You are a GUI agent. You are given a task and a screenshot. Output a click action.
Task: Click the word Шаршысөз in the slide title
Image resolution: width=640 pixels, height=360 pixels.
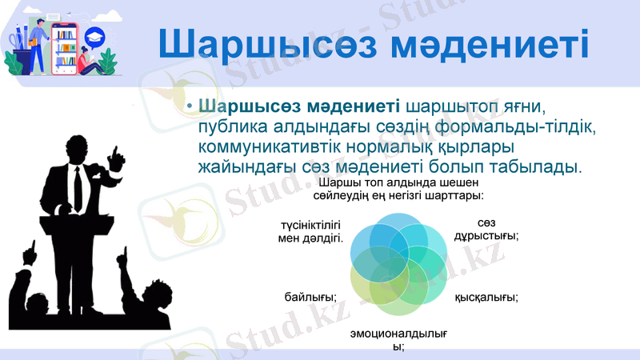tap(264, 44)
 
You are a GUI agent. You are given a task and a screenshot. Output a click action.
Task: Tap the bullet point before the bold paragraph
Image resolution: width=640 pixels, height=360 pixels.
tap(189, 107)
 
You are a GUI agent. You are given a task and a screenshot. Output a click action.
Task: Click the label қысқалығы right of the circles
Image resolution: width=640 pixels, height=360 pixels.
tap(486, 298)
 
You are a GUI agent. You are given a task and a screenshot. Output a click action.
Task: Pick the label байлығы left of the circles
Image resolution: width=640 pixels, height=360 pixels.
tap(310, 298)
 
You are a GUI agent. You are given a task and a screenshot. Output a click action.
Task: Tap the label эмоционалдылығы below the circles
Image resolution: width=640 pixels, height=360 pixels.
tap(398, 340)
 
